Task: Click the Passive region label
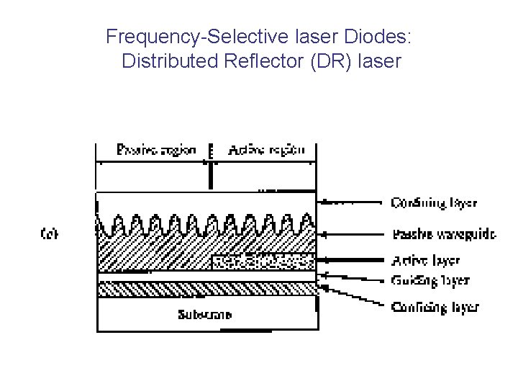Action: click(x=156, y=151)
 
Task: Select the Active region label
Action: click(x=266, y=151)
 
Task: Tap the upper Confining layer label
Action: click(x=434, y=203)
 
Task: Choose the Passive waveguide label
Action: click(x=444, y=233)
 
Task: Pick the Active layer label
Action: click(x=426, y=260)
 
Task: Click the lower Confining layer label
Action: click(x=435, y=307)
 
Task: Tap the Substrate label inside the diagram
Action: click(x=205, y=314)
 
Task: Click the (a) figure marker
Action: click(x=49, y=233)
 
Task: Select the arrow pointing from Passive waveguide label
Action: click(x=353, y=233)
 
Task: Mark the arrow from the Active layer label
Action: click(x=353, y=260)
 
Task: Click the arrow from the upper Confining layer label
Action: click(x=353, y=203)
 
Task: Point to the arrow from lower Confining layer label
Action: click(x=353, y=296)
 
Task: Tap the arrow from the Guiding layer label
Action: click(x=353, y=277)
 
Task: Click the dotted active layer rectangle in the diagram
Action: click(x=263, y=261)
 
